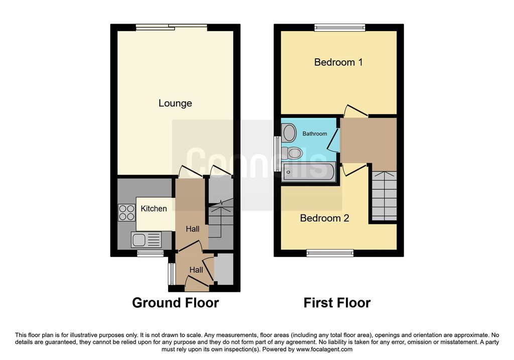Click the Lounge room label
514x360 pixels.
175,103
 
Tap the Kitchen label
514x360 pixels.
154,208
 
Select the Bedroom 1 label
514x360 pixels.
338,62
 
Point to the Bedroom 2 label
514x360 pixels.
325,218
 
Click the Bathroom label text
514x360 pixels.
315,134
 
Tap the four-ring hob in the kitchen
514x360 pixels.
126,212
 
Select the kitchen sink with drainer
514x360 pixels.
146,239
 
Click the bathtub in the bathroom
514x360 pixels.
309,171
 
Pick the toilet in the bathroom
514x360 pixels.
292,153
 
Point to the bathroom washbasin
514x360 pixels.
289,133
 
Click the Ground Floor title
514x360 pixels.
175,303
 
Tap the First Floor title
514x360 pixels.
337,303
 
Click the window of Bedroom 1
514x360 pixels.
340,28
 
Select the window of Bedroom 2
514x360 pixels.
330,253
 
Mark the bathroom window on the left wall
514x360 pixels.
277,154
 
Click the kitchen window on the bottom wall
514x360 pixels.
150,253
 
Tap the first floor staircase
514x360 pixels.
384,196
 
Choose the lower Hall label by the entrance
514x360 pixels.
196,270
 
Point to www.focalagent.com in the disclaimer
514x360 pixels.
324,349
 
